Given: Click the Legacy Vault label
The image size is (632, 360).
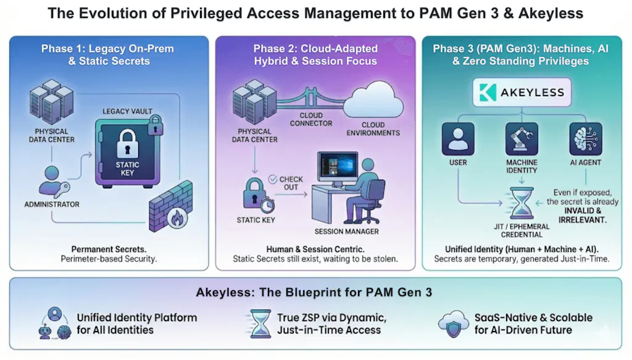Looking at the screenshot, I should [x=128, y=111].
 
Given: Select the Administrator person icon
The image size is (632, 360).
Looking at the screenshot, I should [x=53, y=181].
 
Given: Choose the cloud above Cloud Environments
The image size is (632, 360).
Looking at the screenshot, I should [x=372, y=102].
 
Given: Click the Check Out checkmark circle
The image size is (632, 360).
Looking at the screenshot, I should [x=273, y=180].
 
